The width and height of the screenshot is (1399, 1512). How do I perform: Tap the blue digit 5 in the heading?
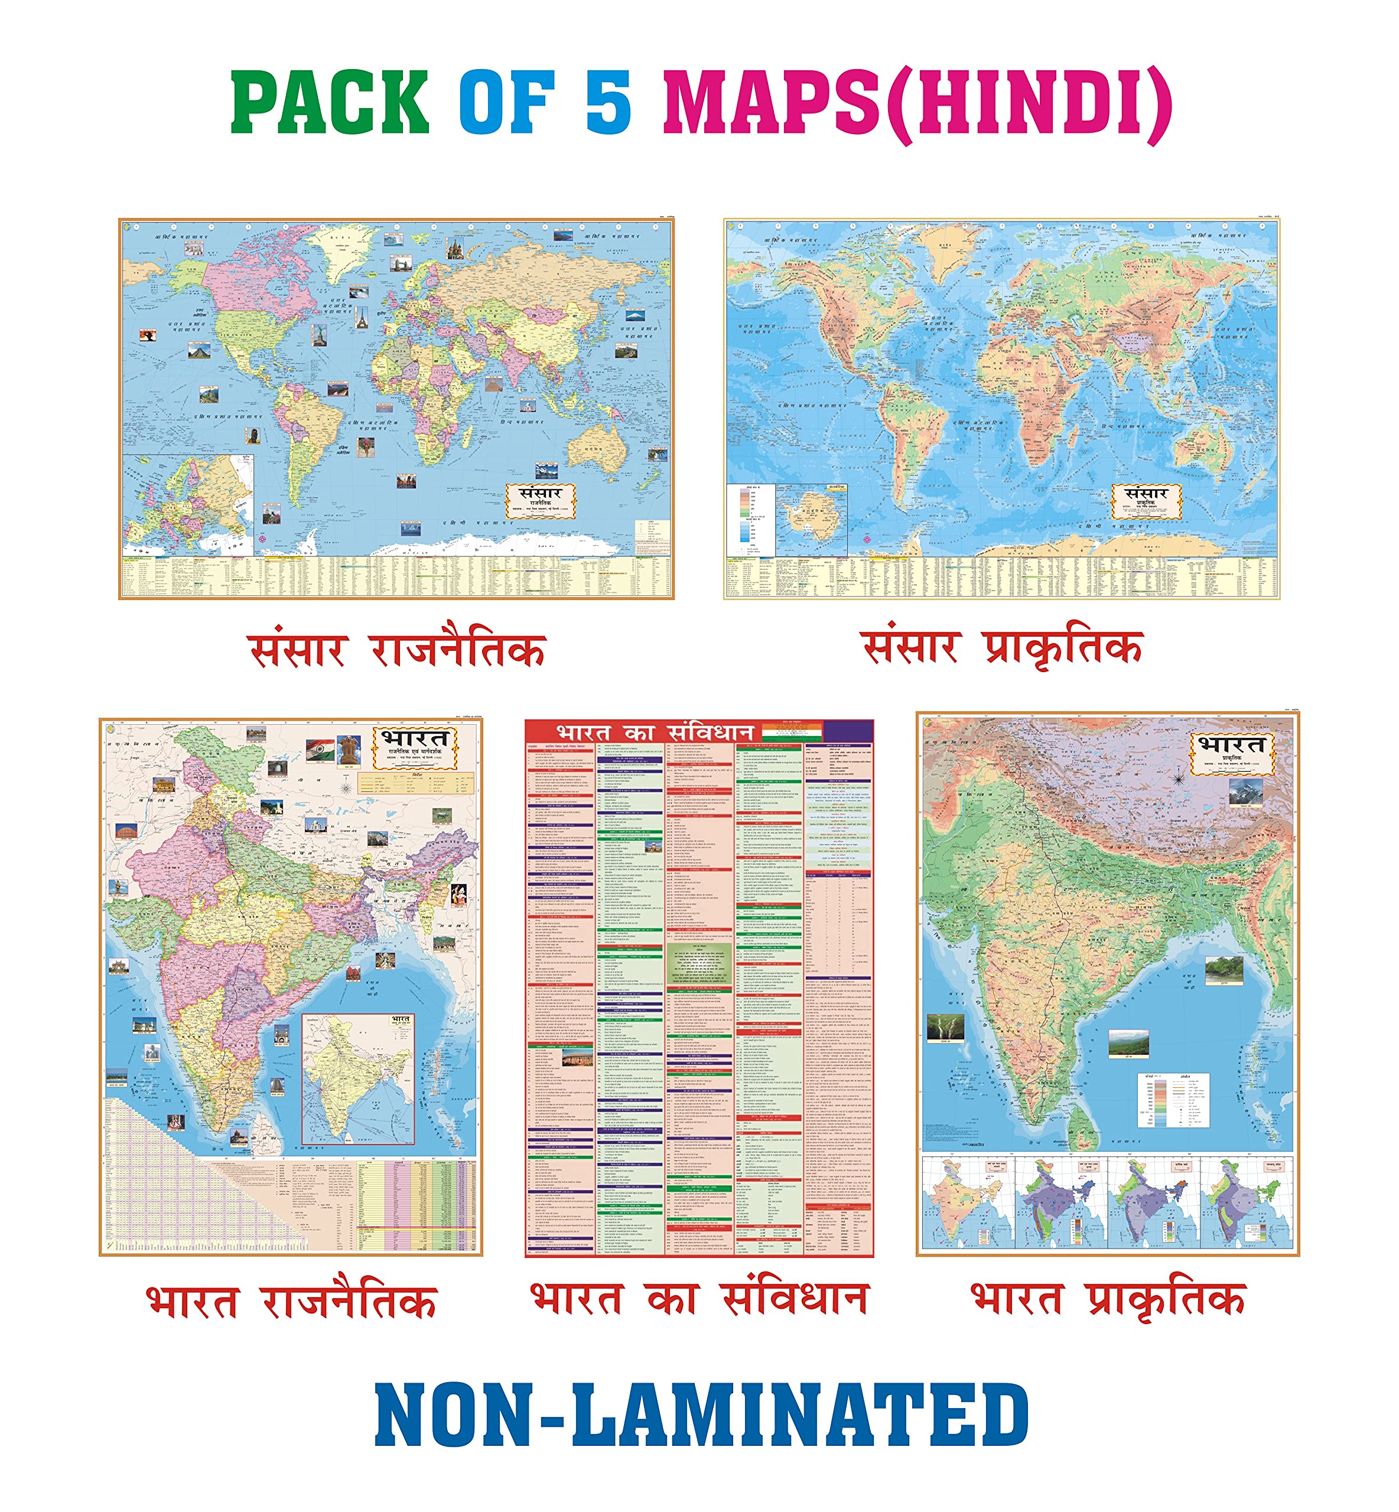pyautogui.click(x=608, y=102)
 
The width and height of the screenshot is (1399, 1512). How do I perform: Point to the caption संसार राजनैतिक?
pyautogui.click(x=396, y=650)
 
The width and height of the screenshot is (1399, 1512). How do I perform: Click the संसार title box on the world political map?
pyautogui.click(x=541, y=500)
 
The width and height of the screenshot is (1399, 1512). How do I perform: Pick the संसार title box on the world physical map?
pyautogui.click(x=1146, y=501)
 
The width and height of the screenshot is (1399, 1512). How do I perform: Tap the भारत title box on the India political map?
pyautogui.click(x=415, y=748)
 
